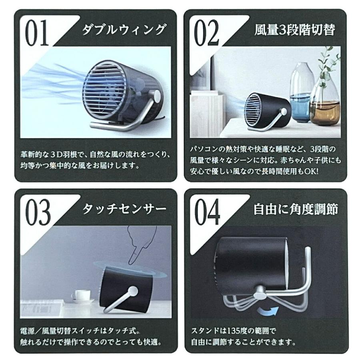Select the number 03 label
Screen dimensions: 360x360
coord(38,211)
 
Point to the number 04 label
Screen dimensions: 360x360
coord(207,211)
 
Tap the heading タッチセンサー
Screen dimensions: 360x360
coord(123,209)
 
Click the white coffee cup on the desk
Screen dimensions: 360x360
coord(81,296)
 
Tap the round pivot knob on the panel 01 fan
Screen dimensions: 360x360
coord(156,95)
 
